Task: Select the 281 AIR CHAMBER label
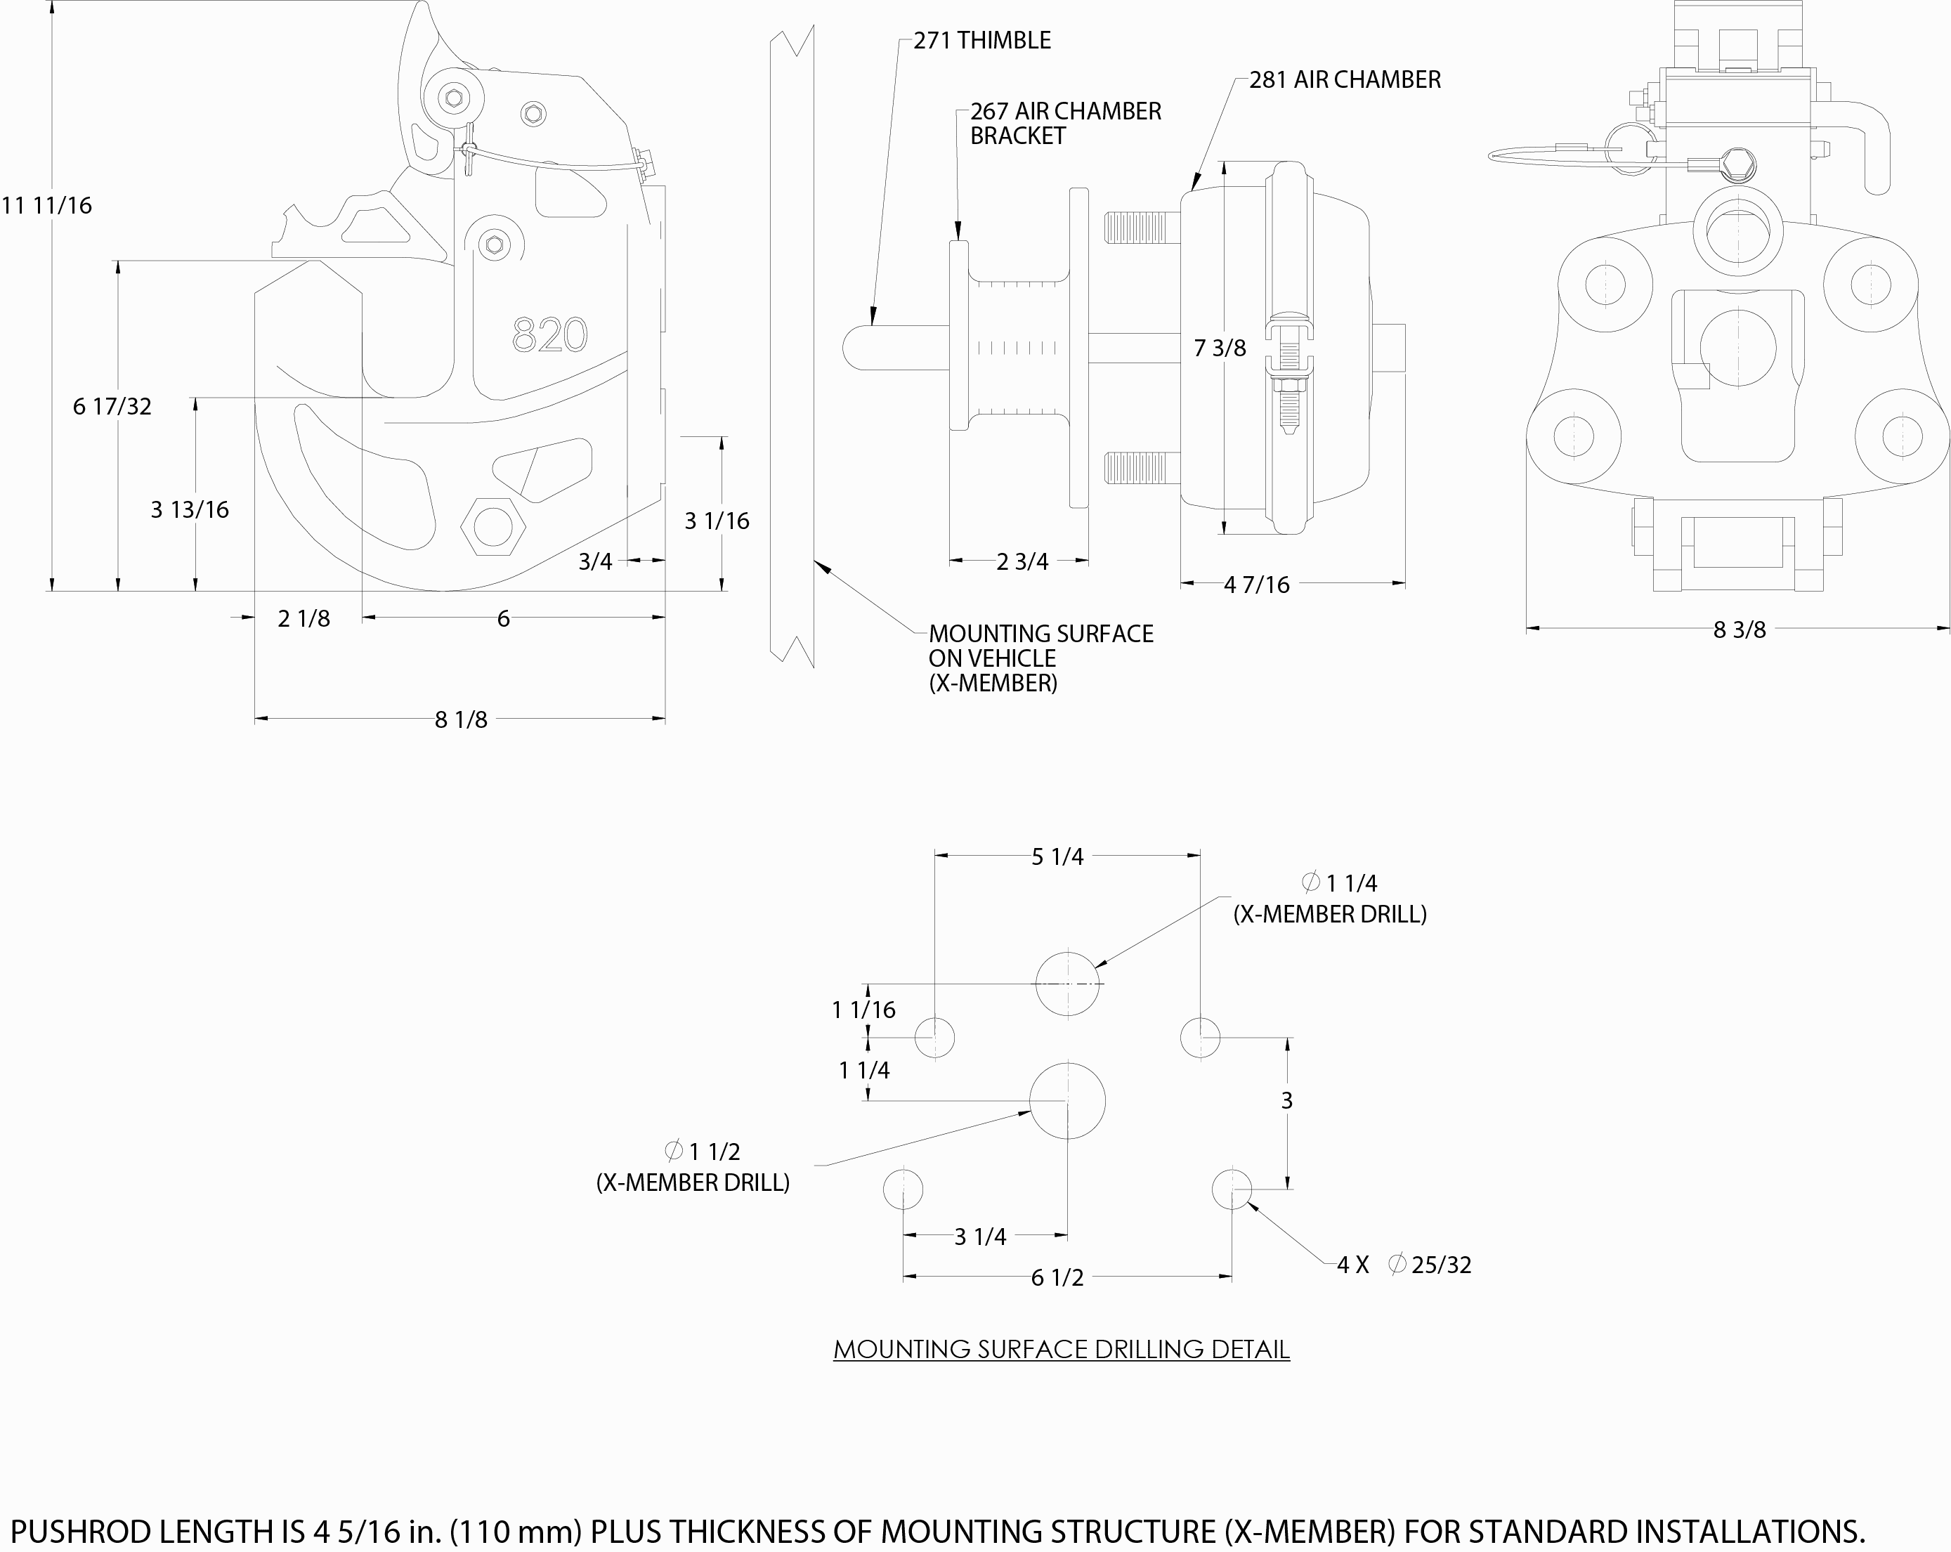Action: tap(1345, 79)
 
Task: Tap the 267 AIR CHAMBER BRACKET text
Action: tap(1065, 123)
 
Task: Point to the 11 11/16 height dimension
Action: tap(47, 205)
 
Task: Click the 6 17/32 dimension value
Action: tap(112, 406)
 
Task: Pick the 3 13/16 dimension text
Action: tap(189, 509)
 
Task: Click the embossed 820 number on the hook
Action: tap(549, 335)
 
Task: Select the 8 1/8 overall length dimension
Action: tap(461, 719)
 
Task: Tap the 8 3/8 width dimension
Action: tap(1738, 630)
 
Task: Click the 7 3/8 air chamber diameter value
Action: tap(1219, 348)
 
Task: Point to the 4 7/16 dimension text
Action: tap(1256, 585)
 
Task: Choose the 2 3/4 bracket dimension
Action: tap(1022, 562)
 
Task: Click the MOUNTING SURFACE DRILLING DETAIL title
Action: tap(1061, 1349)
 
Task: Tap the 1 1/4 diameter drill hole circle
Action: tap(1068, 984)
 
